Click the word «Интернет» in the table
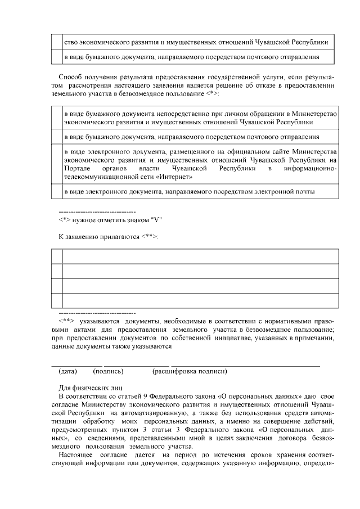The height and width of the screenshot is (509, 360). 175,177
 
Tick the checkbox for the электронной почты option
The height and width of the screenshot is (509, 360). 55,191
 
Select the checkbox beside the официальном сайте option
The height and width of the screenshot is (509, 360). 55,164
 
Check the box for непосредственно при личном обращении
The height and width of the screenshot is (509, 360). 55,118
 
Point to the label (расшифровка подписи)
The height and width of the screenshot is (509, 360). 190,372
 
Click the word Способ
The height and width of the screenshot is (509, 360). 70,76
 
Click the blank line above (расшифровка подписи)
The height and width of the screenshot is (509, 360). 245,366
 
